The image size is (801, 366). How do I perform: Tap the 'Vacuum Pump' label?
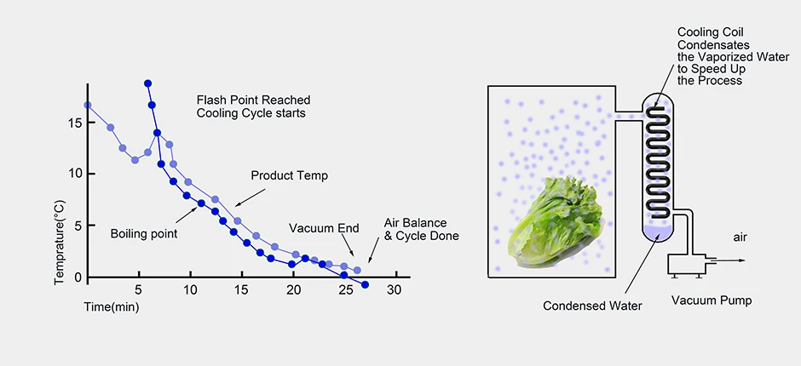click(x=711, y=300)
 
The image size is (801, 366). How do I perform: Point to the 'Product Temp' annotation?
click(x=289, y=175)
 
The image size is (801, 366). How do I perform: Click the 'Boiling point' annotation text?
click(x=143, y=232)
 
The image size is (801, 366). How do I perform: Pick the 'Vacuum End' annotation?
click(x=324, y=228)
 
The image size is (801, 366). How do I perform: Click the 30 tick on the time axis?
click(x=395, y=290)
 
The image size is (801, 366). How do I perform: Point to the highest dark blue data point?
click(x=148, y=83)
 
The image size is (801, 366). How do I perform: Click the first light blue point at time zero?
click(x=87, y=106)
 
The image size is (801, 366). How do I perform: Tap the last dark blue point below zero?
click(x=365, y=285)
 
